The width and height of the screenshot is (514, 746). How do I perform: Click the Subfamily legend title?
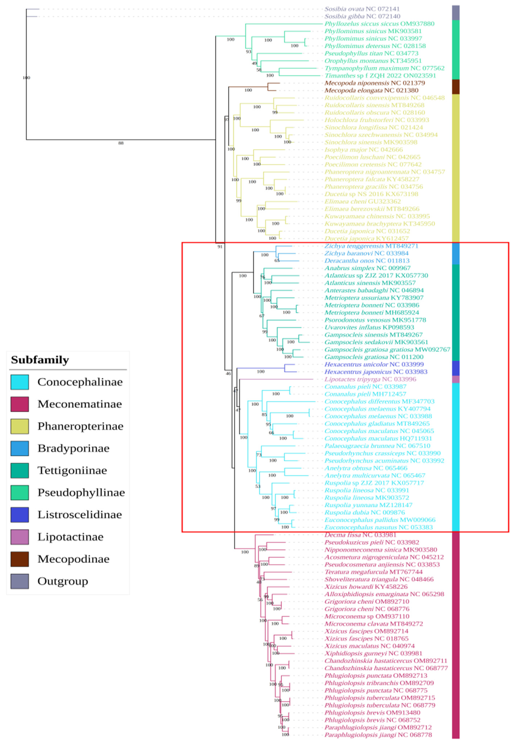click(x=40, y=360)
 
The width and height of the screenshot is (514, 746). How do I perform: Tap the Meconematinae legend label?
click(x=80, y=404)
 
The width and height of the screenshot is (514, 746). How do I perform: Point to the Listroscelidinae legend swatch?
click(x=19, y=514)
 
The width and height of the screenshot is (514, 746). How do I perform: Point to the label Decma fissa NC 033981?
click(x=360, y=535)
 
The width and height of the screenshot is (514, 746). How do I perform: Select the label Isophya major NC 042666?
click(x=363, y=150)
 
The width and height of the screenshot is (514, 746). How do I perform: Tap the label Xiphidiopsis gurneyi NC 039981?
click(x=373, y=653)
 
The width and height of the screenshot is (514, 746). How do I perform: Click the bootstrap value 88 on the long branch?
click(x=121, y=143)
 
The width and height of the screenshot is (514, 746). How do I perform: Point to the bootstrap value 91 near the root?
click(x=220, y=247)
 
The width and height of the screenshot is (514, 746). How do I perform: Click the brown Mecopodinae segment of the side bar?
click(x=456, y=87)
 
